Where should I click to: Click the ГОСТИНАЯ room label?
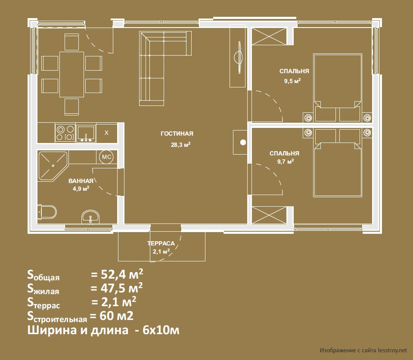coord(177,133)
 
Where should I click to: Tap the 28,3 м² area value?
coord(181,145)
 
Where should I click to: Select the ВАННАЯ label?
coord(81,181)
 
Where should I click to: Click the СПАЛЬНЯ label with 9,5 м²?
coord(294,71)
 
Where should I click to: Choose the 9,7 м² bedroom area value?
coord(286,161)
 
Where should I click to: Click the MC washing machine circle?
coord(107,157)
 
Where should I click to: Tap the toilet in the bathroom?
coord(47,212)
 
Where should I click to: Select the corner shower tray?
coord(53,166)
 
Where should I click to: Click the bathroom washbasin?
coord(90,217)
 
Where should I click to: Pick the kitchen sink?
coord(86,133)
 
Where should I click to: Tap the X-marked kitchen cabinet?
coord(106,133)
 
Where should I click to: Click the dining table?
coord(71,74)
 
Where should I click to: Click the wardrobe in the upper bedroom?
coord(269,36)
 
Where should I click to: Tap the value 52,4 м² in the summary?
coord(117,275)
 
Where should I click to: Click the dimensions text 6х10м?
coord(161,330)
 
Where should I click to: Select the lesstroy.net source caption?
coord(363,350)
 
